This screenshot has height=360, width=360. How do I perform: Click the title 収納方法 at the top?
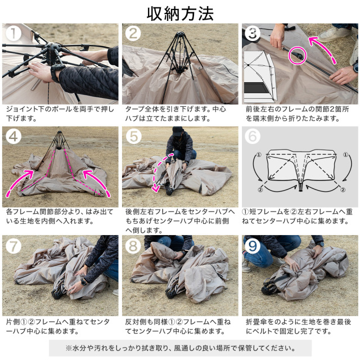point(179,12)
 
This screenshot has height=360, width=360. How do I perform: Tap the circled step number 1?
point(12,34)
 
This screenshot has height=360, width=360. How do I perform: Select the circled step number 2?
point(133,34)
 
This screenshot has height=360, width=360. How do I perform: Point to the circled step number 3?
point(253,34)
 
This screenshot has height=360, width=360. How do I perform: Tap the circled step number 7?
point(12,246)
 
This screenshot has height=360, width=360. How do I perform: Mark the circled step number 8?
point(133,246)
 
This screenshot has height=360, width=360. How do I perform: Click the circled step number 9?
point(253,246)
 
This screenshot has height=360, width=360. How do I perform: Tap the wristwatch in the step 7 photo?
point(83,281)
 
